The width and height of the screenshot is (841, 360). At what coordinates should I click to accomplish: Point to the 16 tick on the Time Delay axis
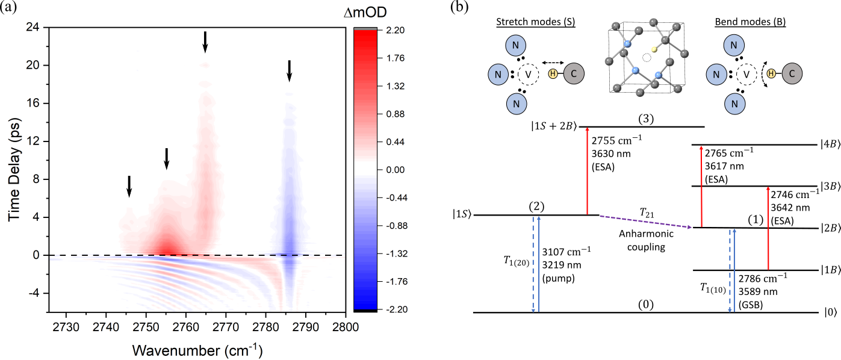click(33, 103)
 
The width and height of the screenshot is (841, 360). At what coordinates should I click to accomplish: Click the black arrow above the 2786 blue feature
click(289, 70)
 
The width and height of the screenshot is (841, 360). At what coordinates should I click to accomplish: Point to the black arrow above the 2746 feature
click(129, 186)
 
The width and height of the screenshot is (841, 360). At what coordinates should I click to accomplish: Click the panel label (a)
click(13, 8)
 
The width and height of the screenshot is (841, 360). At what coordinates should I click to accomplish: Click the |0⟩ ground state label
click(829, 312)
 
